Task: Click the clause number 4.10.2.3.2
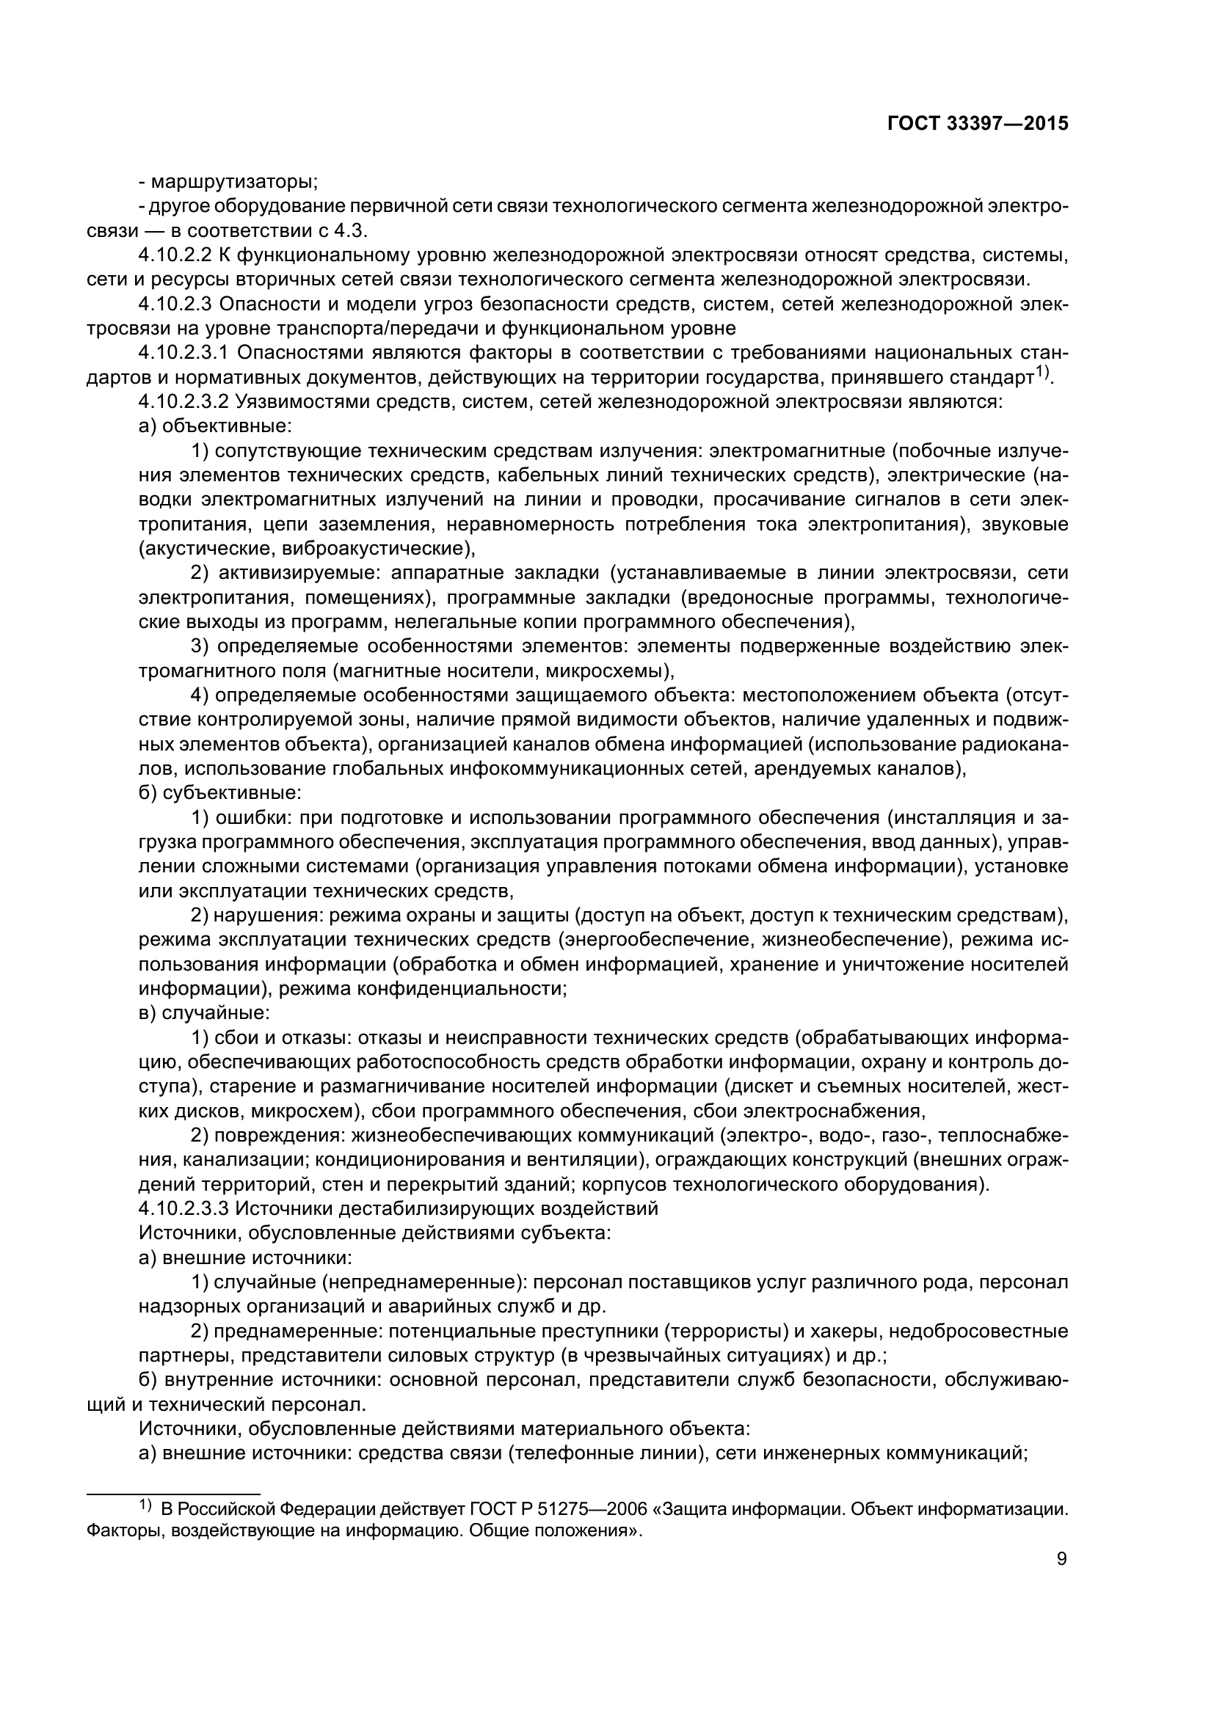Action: click(x=184, y=402)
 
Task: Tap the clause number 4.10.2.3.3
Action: click(x=184, y=1208)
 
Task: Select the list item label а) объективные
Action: click(x=215, y=427)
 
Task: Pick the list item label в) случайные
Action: click(x=205, y=1013)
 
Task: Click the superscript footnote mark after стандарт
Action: click(x=1044, y=371)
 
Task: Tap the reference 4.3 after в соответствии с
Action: click(x=352, y=231)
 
